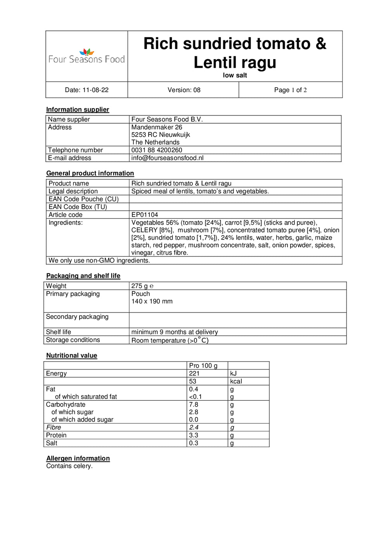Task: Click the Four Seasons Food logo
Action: coord(87,57)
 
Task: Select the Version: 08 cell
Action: coord(184,90)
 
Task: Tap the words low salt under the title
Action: coord(235,75)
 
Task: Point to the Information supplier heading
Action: coord(78,110)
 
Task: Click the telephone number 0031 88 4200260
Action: coord(157,150)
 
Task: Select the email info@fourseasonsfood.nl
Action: coord(167,158)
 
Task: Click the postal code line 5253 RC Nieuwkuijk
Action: coord(161,135)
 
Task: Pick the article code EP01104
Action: coord(145,215)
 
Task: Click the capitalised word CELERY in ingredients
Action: coord(144,230)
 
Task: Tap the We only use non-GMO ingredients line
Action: coord(99,260)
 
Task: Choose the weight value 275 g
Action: coord(140,286)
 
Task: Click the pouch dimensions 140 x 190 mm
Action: coord(152,301)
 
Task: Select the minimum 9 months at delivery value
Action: coord(175,332)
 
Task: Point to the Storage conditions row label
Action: coord(73,340)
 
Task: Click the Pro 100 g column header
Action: coord(203,366)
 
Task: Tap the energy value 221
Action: coord(194,374)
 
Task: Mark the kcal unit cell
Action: coord(236,381)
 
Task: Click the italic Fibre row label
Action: coord(54,427)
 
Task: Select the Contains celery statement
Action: coord(69,466)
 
